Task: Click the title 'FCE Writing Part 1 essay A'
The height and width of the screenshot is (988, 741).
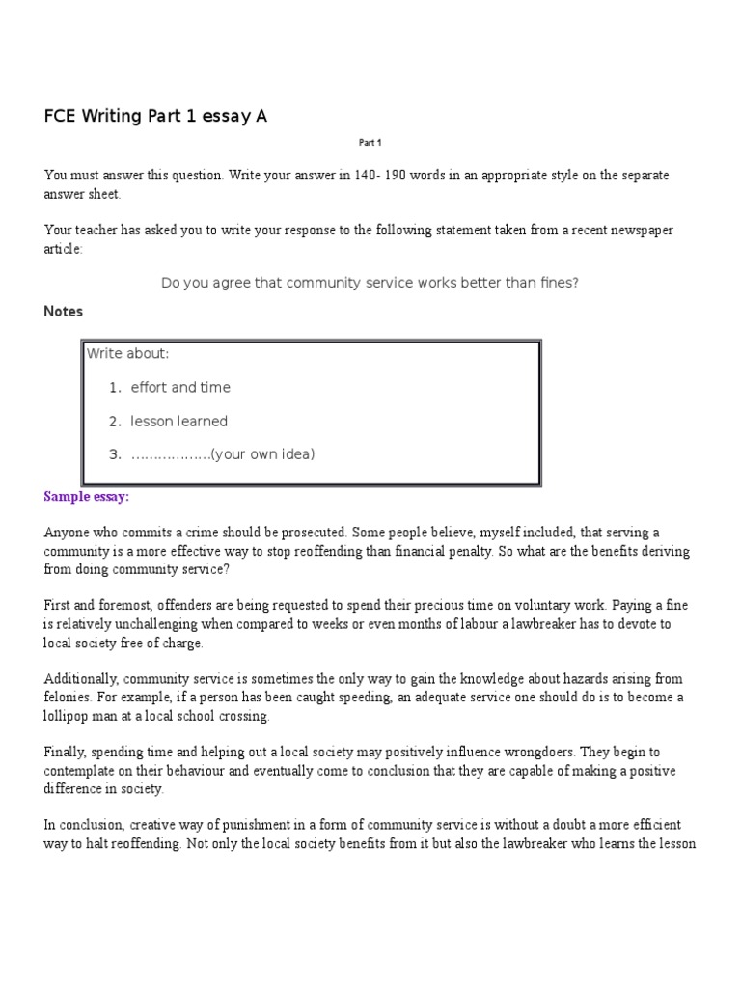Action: pyautogui.click(x=155, y=117)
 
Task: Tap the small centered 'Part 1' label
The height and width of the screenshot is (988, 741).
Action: pyautogui.click(x=370, y=143)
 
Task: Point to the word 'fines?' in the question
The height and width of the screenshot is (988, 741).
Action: pyautogui.click(x=559, y=283)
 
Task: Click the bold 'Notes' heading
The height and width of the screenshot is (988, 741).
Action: pyautogui.click(x=64, y=312)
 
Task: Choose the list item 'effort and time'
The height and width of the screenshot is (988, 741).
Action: pyautogui.click(x=180, y=388)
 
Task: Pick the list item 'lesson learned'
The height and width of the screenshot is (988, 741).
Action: pyautogui.click(x=179, y=421)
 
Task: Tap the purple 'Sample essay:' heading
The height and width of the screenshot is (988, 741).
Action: pyautogui.click(x=86, y=497)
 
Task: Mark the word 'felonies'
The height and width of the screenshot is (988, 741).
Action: pyautogui.click(x=68, y=698)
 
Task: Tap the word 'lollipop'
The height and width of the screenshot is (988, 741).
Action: pyautogui.click(x=68, y=716)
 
